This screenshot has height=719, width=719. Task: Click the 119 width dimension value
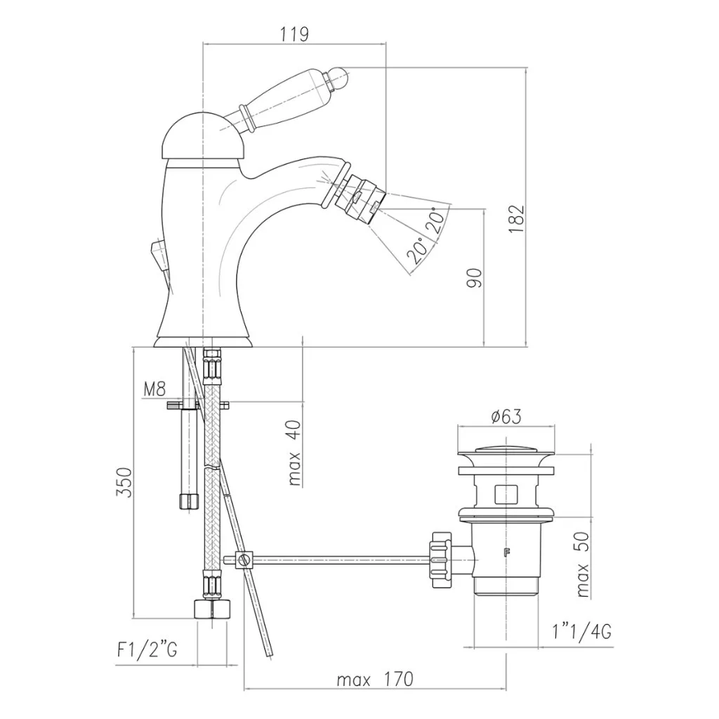point(294,34)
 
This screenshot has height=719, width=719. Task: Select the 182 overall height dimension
point(516,218)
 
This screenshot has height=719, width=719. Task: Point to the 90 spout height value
point(475,278)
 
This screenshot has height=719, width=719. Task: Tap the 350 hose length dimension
point(124,482)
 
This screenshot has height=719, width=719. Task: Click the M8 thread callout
point(154,389)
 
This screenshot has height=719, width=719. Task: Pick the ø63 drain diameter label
point(506,417)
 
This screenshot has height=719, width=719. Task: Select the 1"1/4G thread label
point(581,633)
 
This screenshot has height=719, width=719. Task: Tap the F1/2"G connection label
point(147,649)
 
